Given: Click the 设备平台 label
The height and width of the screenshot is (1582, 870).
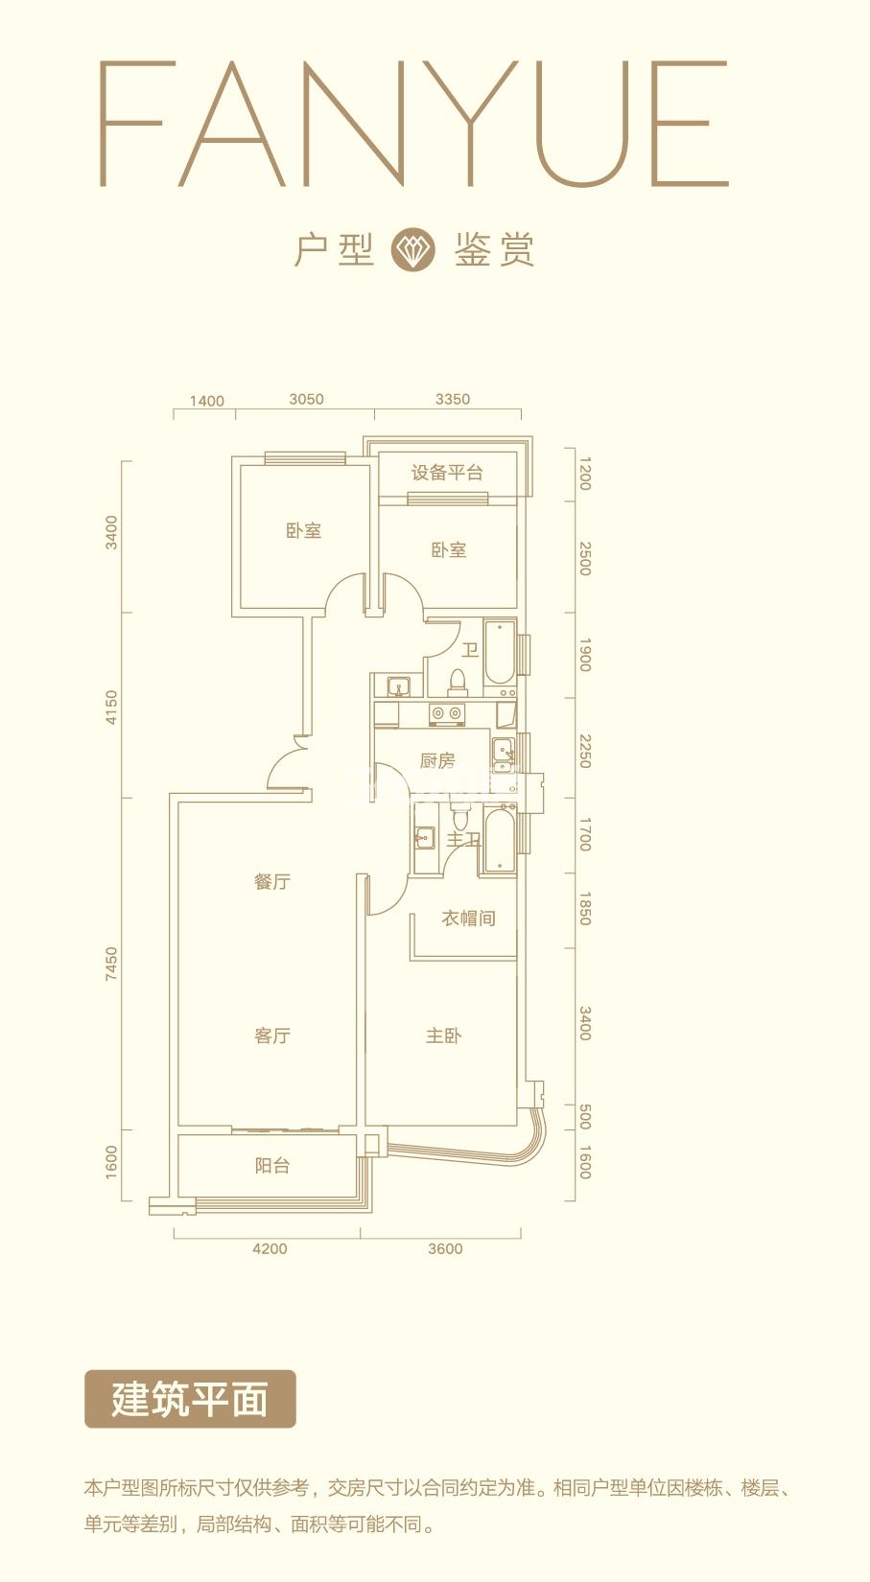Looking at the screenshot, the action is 447,473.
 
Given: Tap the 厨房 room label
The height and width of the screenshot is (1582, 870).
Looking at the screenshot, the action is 437,760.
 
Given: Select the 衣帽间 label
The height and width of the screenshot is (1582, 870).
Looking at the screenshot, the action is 468,919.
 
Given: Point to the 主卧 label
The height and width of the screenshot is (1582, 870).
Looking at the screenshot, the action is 443,1036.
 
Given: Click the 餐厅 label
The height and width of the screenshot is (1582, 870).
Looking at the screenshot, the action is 272,881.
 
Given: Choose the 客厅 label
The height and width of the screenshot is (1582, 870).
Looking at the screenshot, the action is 272,1036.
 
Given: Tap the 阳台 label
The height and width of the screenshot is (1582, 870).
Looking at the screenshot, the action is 272,1165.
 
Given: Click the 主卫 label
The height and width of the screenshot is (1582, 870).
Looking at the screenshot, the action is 463,840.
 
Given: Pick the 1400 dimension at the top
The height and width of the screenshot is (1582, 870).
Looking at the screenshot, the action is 207,401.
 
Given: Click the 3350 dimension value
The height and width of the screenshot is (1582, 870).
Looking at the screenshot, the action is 453,399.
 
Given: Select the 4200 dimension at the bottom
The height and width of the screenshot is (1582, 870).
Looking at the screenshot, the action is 270,1248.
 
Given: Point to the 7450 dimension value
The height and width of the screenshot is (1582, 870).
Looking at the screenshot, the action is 111,964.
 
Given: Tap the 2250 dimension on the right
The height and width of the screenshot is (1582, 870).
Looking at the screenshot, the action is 585,752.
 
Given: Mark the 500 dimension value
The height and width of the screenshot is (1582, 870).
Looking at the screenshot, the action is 585,1117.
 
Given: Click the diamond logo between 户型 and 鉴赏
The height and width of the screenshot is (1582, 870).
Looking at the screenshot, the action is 412,249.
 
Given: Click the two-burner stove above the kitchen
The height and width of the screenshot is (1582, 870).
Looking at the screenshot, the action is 447,714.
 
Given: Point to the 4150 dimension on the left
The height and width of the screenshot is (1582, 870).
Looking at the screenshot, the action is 111,707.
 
